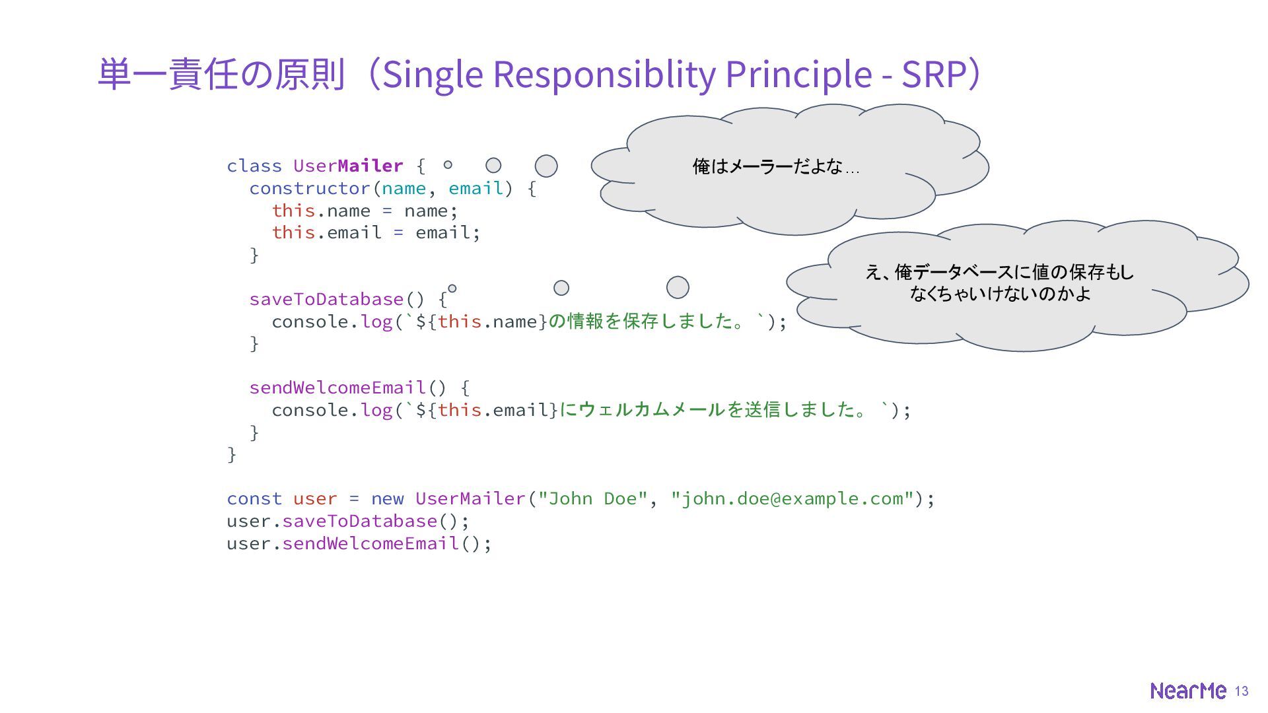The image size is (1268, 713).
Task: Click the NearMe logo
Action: point(1187,691)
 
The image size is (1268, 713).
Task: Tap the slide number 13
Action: point(1242,691)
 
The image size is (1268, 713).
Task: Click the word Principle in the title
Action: point(798,74)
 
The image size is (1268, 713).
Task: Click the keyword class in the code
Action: point(254,166)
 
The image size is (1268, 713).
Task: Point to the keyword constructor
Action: point(310,188)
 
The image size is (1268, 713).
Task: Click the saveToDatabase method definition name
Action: point(326,299)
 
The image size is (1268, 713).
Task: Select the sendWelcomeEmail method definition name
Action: point(337,388)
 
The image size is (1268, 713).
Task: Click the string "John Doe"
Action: point(592,498)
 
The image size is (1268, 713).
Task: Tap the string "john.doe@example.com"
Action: point(792,498)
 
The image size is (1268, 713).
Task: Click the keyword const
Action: point(254,498)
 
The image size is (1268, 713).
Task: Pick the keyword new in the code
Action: point(387,498)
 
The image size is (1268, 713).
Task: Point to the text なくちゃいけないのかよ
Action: point(1000,293)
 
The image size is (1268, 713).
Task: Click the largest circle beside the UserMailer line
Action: point(546,166)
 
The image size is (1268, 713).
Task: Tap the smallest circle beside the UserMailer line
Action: point(448,165)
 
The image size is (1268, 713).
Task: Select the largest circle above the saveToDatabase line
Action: point(678,287)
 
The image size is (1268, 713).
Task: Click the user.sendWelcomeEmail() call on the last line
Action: point(359,543)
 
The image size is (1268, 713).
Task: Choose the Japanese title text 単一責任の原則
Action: point(222,74)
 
